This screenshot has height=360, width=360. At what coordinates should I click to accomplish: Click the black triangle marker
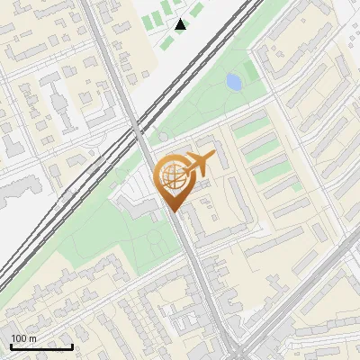coord(180,24)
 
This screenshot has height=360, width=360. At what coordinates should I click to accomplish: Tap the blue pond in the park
coord(234,83)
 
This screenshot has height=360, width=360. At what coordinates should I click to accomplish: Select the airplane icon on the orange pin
coord(200,164)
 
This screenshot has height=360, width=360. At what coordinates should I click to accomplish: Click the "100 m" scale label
coord(23,337)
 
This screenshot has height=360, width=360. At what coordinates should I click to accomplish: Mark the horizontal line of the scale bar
coord(41,346)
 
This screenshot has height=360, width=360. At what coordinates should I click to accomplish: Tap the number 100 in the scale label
coord(19,337)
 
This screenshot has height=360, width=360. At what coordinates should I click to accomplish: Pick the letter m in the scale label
coord(32,338)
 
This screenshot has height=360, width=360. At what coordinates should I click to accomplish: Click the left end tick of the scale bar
coord(11,345)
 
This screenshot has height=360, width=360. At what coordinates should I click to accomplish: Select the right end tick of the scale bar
coord(72,345)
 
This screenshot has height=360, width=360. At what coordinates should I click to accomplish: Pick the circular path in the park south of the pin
coord(158,238)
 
